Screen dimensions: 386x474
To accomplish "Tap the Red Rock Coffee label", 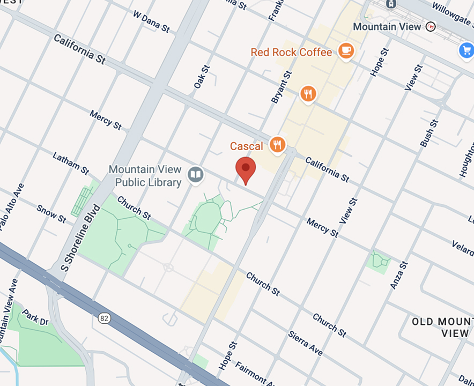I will (291, 52).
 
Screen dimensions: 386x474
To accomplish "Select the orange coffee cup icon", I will (346, 51).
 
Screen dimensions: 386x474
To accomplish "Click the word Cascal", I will (247, 146).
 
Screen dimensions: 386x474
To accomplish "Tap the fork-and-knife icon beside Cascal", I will (277, 144).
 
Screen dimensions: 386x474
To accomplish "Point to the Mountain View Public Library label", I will (145, 176).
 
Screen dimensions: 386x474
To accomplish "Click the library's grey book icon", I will (196, 174).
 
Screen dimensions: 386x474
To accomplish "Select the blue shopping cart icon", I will (466, 51).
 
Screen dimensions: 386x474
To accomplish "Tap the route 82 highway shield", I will (104, 318).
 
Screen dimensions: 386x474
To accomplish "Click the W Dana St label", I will (151, 23).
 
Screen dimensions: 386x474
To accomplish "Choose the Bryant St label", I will (282, 87).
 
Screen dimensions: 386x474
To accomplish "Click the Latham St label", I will (71, 163).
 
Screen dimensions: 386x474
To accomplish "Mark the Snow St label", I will (51, 213).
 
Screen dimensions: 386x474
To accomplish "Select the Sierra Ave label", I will (306, 343).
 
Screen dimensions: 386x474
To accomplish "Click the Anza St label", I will (400, 275).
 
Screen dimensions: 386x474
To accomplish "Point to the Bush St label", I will (429, 133).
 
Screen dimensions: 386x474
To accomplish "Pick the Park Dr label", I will (35, 318).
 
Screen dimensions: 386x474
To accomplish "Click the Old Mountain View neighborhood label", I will (442, 327).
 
